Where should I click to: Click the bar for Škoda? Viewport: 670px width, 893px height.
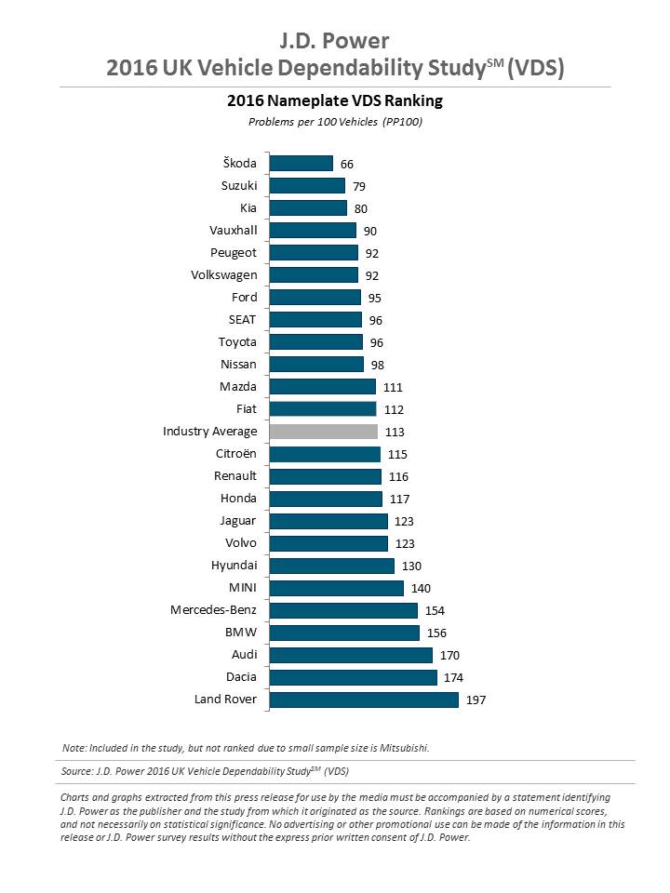click(x=301, y=164)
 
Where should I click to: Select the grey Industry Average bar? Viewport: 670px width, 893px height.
click(x=323, y=432)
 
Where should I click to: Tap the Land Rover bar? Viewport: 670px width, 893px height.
click(x=363, y=700)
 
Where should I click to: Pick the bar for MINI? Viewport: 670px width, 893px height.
click(x=336, y=588)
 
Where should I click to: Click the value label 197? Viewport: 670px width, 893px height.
click(x=476, y=700)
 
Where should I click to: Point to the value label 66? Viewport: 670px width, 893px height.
click(x=347, y=164)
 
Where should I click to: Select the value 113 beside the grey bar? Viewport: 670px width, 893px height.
click(x=394, y=432)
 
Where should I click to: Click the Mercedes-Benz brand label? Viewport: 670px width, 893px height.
click(x=213, y=610)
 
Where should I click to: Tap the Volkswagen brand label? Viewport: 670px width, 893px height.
click(x=223, y=275)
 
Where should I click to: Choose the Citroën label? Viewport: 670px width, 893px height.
click(x=235, y=454)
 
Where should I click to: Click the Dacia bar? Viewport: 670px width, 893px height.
click(x=353, y=677)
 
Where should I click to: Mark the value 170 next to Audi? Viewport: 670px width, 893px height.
click(x=449, y=655)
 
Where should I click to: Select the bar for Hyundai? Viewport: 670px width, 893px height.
click(x=331, y=566)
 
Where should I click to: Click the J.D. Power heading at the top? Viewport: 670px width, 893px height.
click(x=335, y=41)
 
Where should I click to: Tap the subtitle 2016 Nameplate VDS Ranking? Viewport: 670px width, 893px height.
click(x=335, y=100)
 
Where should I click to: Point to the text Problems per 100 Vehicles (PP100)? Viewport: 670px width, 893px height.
click(x=335, y=122)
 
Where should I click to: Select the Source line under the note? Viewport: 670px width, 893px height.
click(x=205, y=771)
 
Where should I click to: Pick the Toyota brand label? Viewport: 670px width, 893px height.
click(x=237, y=342)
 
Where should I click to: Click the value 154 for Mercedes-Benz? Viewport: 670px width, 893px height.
click(x=435, y=610)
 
